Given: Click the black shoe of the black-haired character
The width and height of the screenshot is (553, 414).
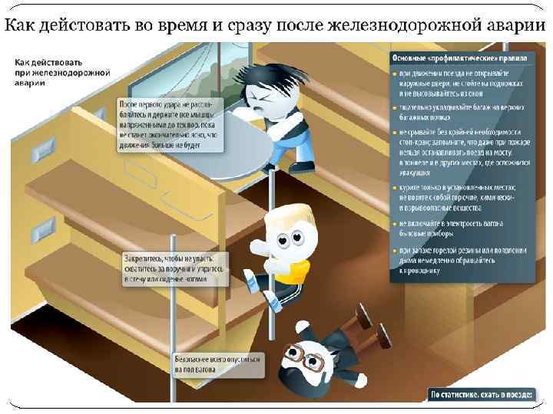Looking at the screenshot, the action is [301, 166].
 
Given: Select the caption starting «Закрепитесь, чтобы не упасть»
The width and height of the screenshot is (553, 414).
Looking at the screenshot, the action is [176, 269].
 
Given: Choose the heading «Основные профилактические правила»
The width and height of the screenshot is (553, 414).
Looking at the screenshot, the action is [459, 58].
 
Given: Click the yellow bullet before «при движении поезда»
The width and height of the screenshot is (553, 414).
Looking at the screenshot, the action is [394, 72].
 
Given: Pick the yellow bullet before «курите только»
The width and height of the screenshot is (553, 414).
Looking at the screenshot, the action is [394, 188].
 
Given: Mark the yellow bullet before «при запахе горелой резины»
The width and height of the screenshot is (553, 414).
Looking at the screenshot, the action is [394, 251].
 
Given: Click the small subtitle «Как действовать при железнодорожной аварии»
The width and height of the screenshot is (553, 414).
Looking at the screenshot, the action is [51, 74].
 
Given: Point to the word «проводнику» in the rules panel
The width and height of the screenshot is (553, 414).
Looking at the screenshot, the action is [421, 270].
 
